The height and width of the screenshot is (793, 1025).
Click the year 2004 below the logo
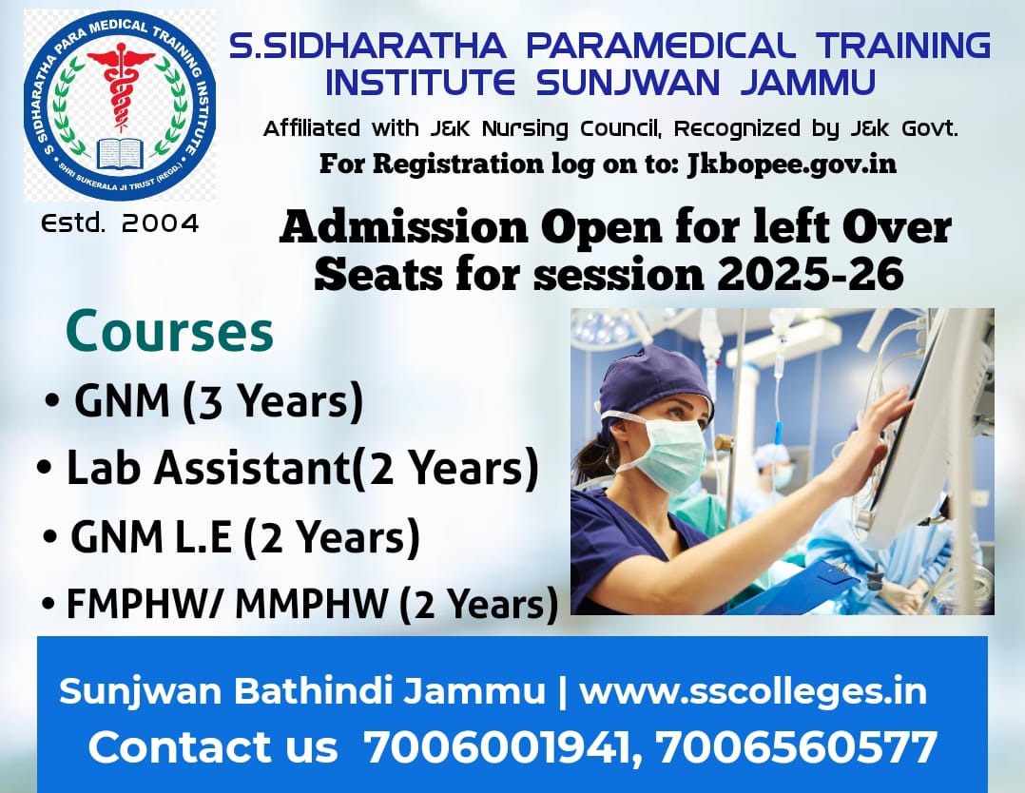[x=160, y=223]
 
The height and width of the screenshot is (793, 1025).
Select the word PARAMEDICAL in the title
[x=661, y=45]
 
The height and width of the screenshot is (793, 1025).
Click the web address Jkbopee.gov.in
[x=792, y=163]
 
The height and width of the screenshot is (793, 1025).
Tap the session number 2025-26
[x=810, y=273]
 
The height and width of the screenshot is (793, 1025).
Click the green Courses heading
[x=169, y=332]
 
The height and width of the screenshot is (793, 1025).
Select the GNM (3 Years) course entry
[x=219, y=400]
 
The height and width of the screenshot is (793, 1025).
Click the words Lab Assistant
[x=208, y=468]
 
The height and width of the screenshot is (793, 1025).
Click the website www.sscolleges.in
[x=753, y=691]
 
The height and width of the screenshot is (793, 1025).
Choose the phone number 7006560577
[x=797, y=746]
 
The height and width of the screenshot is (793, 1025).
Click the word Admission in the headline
[x=403, y=227]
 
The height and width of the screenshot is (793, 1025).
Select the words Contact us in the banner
[x=213, y=746]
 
